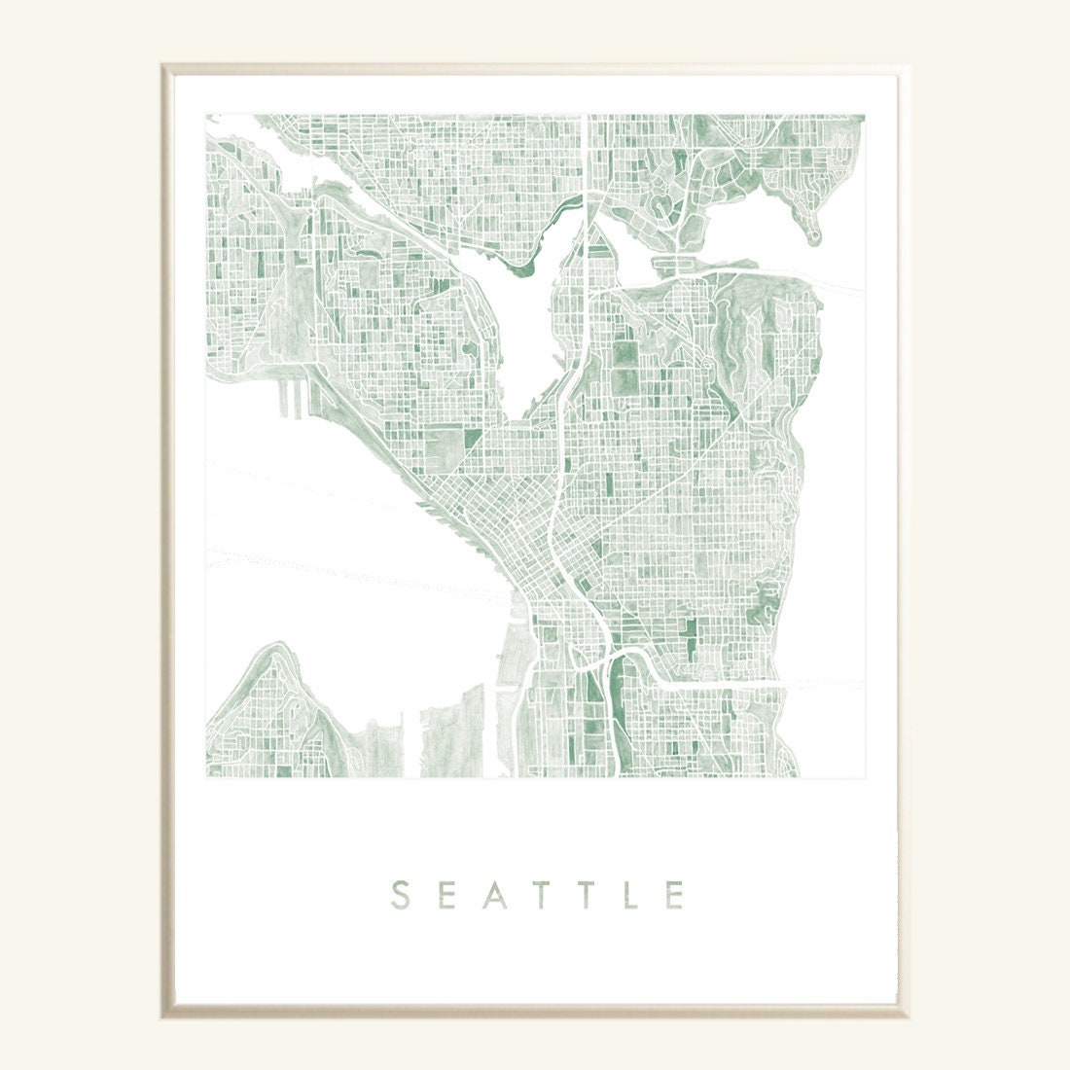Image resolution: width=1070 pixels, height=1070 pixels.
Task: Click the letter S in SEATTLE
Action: (x=399, y=894)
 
